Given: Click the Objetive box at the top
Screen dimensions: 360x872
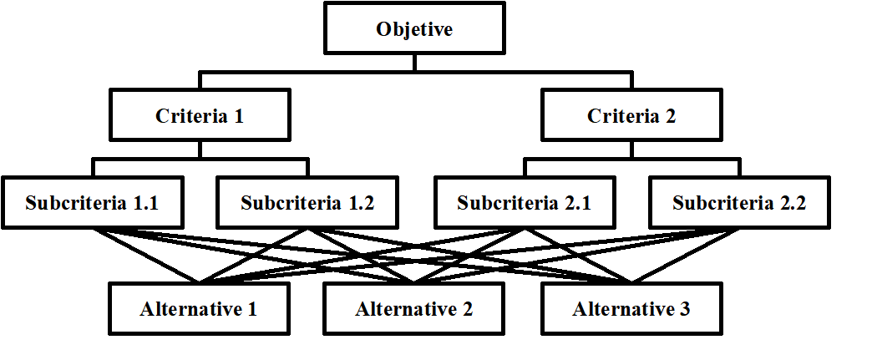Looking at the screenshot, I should tap(414, 31).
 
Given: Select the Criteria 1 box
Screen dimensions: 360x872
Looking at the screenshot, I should tap(200, 116).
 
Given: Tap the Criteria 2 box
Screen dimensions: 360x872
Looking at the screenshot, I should tap(631, 116).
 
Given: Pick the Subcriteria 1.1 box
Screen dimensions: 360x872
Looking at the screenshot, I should tap(92, 202).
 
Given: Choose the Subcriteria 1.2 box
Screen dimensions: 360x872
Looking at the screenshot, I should tap(307, 202).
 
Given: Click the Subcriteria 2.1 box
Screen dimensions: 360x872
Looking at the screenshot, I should tap(524, 202).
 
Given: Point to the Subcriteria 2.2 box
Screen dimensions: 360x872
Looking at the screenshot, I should tap(739, 202).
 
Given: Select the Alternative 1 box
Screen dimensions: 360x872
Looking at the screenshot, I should tap(200, 309).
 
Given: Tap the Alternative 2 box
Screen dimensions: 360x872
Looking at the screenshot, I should tap(414, 309).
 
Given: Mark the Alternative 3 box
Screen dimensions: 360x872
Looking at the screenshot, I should tap(631, 309).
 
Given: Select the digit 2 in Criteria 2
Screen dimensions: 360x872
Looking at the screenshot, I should tap(670, 117).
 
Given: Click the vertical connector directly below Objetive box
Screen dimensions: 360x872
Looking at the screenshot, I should tap(414, 63).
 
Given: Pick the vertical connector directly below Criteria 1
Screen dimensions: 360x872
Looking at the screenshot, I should tap(200, 150).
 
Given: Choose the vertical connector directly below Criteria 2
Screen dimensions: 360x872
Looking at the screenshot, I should tap(631, 150).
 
